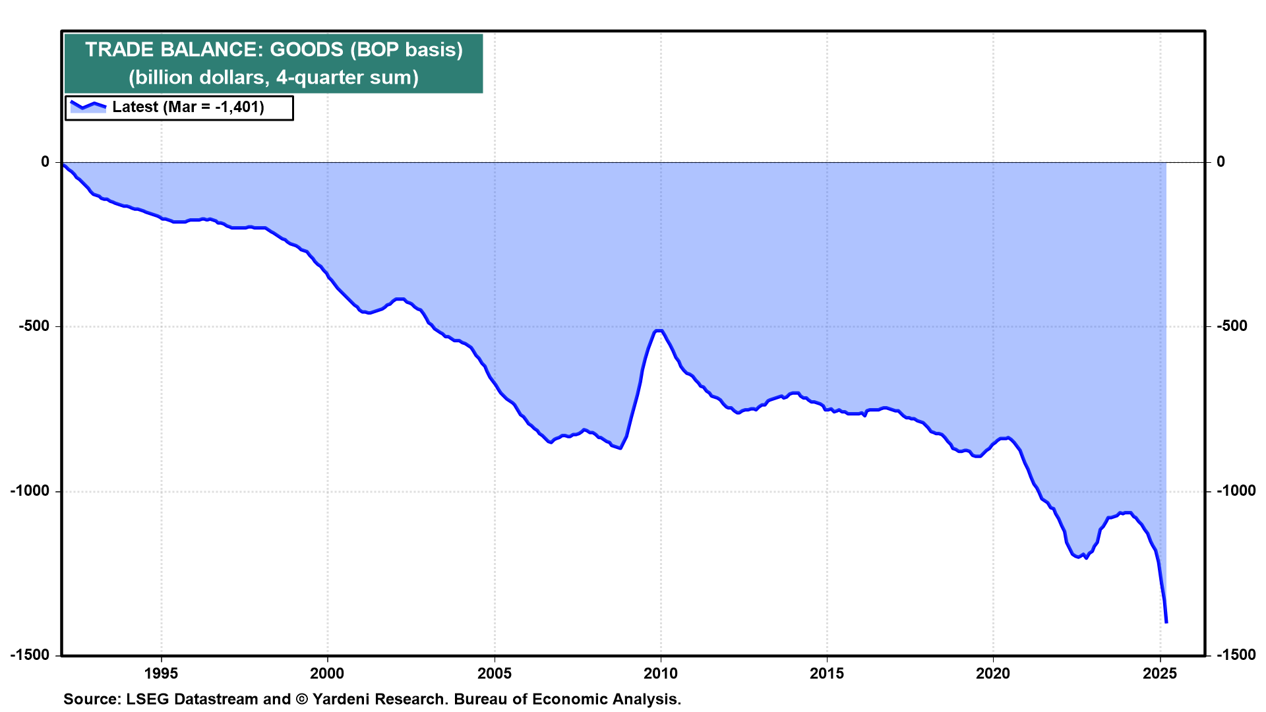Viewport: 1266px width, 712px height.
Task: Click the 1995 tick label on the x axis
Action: tap(161, 673)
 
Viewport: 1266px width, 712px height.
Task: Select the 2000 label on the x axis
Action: tap(328, 673)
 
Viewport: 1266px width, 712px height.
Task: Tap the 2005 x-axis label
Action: tap(494, 673)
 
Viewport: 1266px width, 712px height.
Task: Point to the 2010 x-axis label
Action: tap(661, 673)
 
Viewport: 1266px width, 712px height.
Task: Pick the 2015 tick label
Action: tap(827, 673)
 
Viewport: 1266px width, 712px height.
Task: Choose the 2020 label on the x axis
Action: tap(993, 673)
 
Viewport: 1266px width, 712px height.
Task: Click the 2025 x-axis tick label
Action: tap(1160, 673)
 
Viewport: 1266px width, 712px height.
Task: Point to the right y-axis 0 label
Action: tap(1221, 162)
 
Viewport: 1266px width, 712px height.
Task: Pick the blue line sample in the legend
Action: tap(88, 105)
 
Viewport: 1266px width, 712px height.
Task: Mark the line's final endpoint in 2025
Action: tap(1166, 622)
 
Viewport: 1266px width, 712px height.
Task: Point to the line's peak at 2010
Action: tap(658, 330)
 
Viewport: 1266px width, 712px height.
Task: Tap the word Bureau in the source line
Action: tap(479, 699)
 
